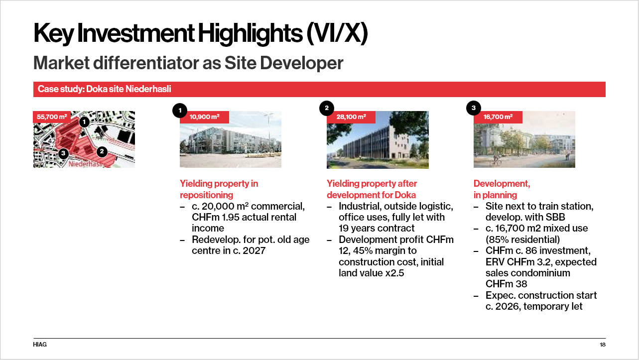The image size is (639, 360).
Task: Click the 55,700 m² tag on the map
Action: [52, 117]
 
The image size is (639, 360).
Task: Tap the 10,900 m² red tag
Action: [204, 117]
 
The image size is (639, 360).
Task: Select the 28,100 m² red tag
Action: [351, 117]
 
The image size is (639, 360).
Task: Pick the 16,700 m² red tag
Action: [498, 117]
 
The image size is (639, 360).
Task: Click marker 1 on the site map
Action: [84, 122]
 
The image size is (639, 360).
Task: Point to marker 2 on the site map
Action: [102, 152]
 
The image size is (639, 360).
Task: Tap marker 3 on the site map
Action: [63, 153]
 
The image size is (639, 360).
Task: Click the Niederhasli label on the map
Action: [86, 164]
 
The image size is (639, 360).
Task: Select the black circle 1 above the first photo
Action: [180, 111]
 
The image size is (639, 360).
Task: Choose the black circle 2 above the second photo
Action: [327, 108]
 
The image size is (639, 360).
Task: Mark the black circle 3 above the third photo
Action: [474, 108]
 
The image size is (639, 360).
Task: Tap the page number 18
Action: [603, 345]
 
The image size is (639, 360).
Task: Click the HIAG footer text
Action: [40, 345]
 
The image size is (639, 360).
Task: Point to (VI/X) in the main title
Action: [337, 34]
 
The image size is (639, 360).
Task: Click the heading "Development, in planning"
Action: [502, 189]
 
